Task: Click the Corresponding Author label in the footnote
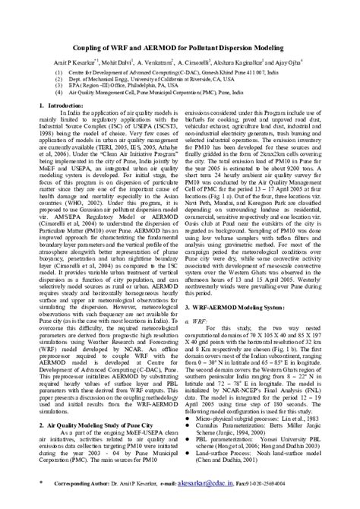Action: pyautogui.click(x=84, y=483)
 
